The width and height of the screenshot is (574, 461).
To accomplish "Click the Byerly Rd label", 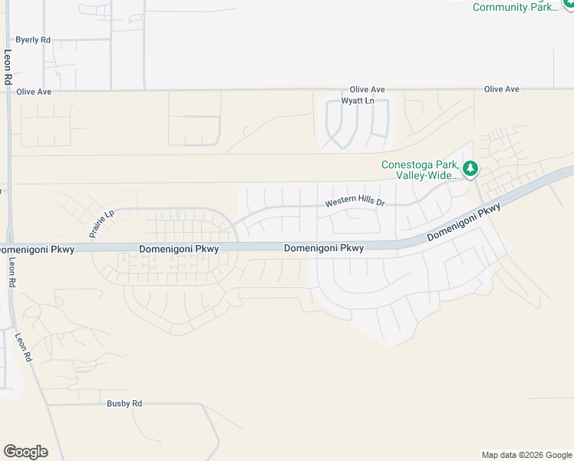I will pos(33,40).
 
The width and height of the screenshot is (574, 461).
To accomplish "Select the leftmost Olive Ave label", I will pos(34,91).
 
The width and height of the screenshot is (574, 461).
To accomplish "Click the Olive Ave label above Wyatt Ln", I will pos(367,90).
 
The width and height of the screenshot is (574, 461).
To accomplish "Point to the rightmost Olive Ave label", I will pos(501,89).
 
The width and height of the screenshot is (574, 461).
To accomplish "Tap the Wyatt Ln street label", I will pos(358,101).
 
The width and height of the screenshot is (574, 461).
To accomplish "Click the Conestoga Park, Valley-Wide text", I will pos(420,170).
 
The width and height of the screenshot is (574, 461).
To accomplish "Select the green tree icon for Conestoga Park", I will pos(470,168).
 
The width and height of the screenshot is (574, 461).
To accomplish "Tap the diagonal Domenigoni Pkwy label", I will pos(463,223).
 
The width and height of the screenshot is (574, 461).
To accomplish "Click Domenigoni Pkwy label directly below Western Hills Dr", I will pos(323,248).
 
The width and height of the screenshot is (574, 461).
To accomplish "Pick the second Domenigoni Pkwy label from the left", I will pos(179,249).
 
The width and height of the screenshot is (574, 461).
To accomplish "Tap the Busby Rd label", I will pos(124,403).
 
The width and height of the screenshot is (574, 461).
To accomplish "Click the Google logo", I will pos(25,452).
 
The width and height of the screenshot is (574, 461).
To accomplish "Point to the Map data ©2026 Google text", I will pos(526,455).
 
